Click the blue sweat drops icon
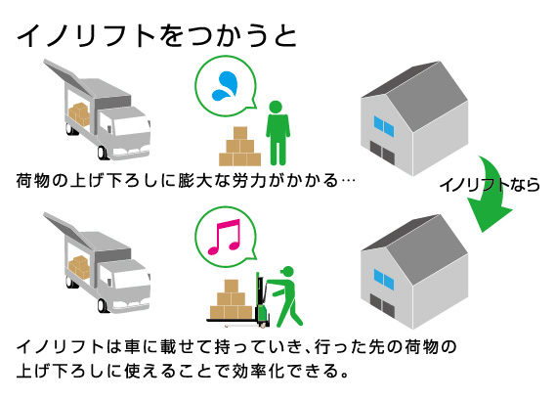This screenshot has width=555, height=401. pos(225,86)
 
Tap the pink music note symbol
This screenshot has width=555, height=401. pos(225,237)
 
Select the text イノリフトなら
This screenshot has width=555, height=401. pos(490,185)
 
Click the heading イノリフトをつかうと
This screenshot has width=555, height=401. pos(156,36)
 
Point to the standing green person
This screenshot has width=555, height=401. pos(277,133)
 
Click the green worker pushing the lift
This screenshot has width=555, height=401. pos(285,296)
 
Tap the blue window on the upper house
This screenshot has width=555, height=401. pos(384,126)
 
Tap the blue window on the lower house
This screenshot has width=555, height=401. pos(384,280)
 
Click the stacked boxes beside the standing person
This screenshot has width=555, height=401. pos(240,147)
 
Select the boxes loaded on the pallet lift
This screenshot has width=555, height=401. pos(232,299)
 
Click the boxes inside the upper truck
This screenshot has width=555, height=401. pos(79,113)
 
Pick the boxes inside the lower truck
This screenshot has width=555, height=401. pos(79,267)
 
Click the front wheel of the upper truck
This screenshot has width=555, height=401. pos(103,152)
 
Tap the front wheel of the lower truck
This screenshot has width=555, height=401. pos(103,305)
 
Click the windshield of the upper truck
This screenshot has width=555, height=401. pos(130,126)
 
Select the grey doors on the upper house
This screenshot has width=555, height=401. pos(382,152)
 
